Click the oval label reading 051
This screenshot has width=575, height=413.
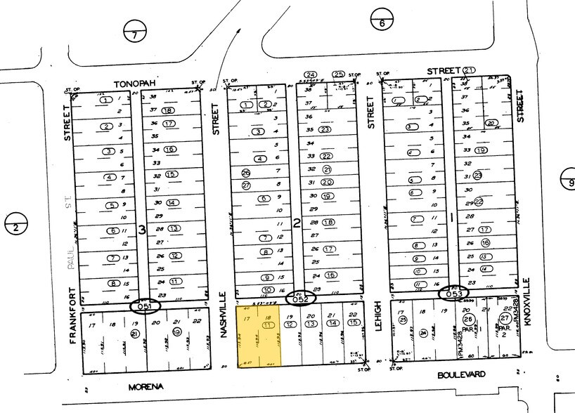(146, 306)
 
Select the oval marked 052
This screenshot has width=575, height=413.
(301, 299)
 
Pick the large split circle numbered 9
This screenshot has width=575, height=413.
(567, 181)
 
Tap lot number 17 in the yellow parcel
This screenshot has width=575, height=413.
(246, 318)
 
